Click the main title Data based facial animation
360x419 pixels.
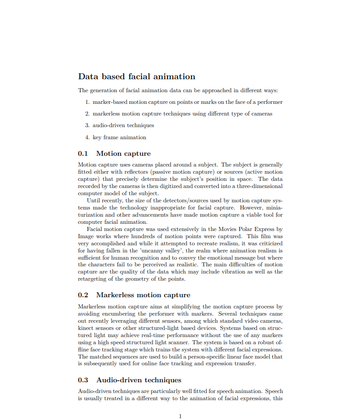pyautogui.click(x=136, y=77)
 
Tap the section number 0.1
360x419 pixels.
pyautogui.click(x=83, y=154)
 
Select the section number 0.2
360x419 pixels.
pyautogui.click(x=83, y=295)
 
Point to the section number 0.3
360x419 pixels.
pyautogui.click(x=83, y=380)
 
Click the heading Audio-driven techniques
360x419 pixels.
pyautogui.click(x=139, y=380)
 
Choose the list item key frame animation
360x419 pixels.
pyautogui.click(x=119, y=137)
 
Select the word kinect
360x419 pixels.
pyautogui.click(x=86, y=328)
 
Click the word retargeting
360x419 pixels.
pyautogui.click(x=93, y=279)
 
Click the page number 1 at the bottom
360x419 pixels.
pyautogui.click(x=180, y=416)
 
